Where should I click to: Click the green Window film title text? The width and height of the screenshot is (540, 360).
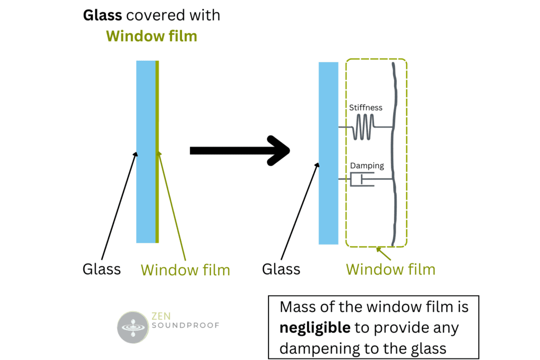151,36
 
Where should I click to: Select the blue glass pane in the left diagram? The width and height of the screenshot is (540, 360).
146,152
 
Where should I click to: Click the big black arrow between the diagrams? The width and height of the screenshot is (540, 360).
240,151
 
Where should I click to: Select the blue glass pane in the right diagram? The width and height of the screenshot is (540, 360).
328,153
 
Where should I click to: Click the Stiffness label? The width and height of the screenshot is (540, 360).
365,108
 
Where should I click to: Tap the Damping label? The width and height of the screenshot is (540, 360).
367,166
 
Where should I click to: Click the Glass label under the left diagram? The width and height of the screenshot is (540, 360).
102,269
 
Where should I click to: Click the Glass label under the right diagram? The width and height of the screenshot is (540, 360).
281,269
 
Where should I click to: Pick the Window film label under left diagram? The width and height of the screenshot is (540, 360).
185,270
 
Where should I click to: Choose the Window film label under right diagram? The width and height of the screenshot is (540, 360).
390,269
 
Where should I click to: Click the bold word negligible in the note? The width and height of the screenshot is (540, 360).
315,328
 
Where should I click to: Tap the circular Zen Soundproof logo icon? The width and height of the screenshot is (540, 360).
133,327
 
